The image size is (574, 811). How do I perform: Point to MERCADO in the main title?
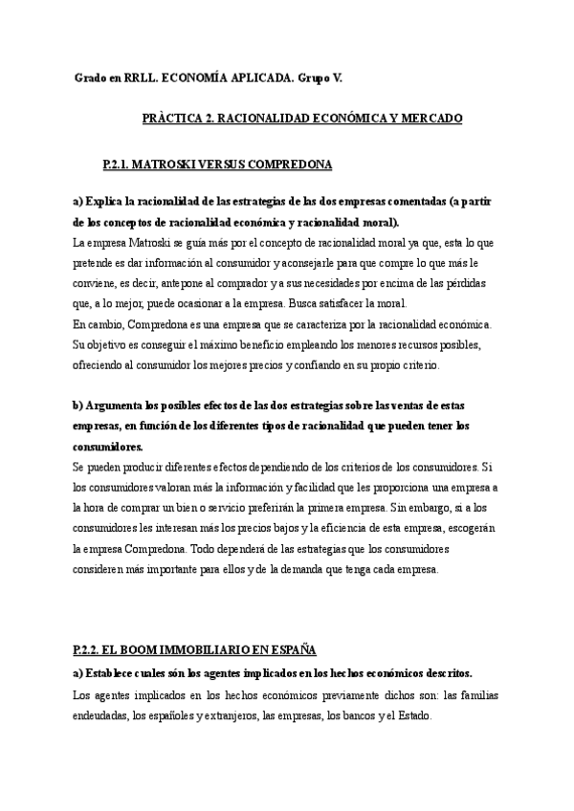432,119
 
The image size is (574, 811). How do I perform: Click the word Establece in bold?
116,672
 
